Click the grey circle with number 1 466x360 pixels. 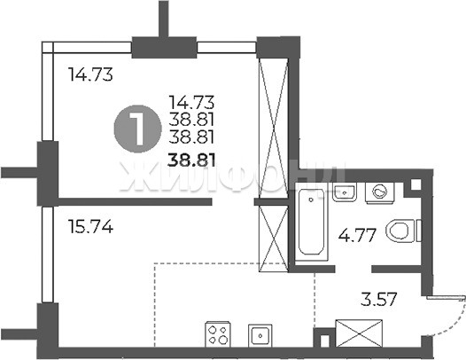click(x=137, y=129)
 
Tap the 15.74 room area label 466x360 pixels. click(x=90, y=227)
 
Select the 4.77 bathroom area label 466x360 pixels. click(x=358, y=236)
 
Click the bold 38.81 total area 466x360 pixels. click(x=191, y=160)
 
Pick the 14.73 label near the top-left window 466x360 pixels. click(x=90, y=74)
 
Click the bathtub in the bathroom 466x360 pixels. click(x=312, y=221)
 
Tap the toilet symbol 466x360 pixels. click(x=404, y=231)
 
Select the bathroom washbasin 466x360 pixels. click(x=344, y=192)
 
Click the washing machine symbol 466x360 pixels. click(x=379, y=192)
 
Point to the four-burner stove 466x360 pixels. click(x=218, y=333)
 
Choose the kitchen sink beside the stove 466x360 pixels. click(x=260, y=335)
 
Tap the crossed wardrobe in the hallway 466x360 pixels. click(x=359, y=333)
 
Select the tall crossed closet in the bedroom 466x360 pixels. click(x=274, y=128)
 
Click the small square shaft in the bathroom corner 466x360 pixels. click(x=416, y=184)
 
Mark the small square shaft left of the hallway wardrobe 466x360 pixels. click(x=325, y=340)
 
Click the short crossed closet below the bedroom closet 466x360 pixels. click(x=274, y=239)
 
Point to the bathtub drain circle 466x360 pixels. click(x=311, y=200)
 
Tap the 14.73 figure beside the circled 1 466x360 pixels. click(x=191, y=102)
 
